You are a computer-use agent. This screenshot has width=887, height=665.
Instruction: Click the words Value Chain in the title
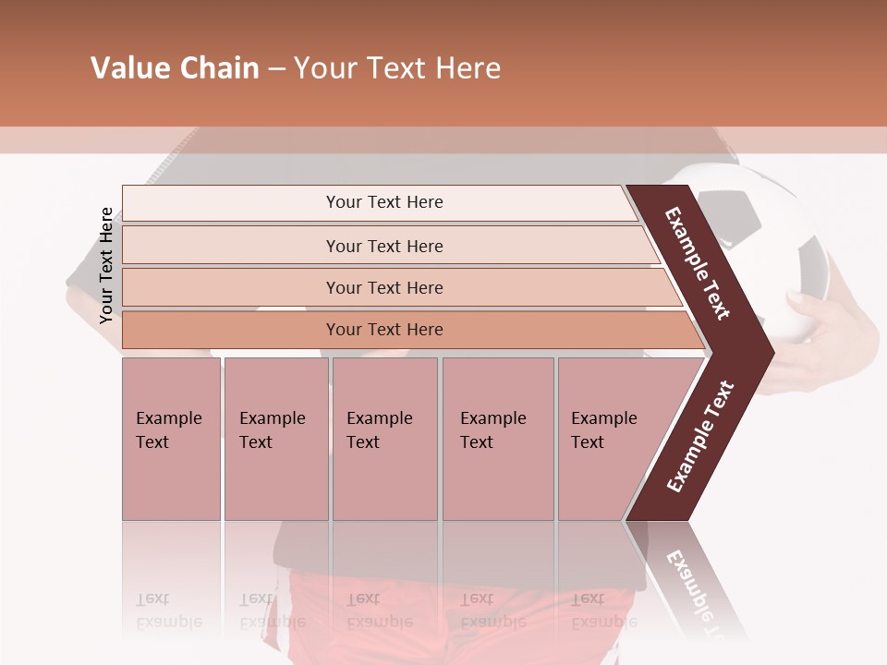[175, 68]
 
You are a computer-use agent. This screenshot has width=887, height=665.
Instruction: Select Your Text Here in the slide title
[397, 68]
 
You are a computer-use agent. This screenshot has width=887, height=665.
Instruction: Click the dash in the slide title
[276, 69]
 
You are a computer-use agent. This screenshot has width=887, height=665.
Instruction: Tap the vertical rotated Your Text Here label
[106, 265]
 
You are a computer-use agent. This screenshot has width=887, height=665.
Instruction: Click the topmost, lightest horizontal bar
[383, 202]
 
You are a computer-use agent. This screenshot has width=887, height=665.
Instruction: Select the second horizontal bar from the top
[383, 246]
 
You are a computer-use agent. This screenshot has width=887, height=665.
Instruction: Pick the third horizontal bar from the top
[383, 287]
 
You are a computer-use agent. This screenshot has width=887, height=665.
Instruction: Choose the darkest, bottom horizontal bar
[383, 330]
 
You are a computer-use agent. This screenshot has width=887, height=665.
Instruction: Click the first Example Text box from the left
[171, 439]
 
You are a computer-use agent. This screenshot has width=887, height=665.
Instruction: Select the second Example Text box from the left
[275, 439]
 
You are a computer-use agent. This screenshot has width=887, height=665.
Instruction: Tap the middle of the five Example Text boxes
[384, 439]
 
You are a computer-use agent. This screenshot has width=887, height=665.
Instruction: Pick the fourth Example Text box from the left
[498, 439]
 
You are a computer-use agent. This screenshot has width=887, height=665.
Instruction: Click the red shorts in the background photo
[370, 610]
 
